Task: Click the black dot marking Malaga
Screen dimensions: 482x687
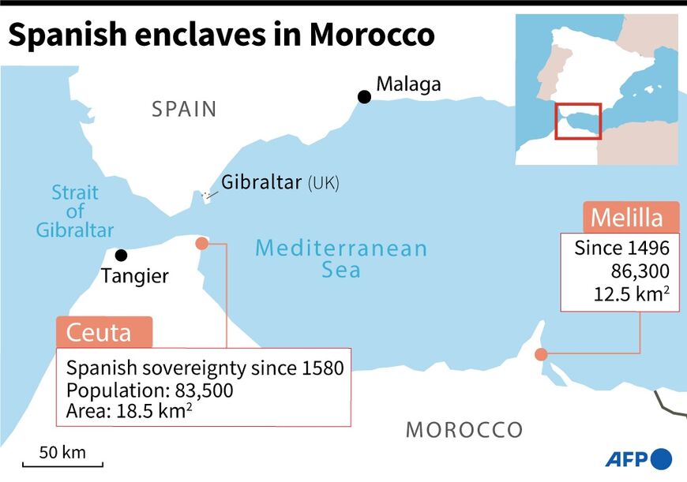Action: click(x=364, y=96)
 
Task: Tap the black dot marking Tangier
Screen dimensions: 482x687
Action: click(x=121, y=255)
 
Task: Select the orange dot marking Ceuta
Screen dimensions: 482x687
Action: click(x=201, y=244)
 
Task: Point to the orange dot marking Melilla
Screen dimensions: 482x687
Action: click(x=541, y=354)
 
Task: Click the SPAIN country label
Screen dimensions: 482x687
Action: click(x=184, y=109)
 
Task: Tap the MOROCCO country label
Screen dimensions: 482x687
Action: click(x=464, y=430)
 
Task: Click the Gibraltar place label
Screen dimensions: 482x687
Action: click(x=261, y=183)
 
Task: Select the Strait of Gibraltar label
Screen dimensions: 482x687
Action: click(x=75, y=211)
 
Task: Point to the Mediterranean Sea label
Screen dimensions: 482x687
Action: click(x=341, y=260)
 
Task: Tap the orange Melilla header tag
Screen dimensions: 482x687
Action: click(x=623, y=217)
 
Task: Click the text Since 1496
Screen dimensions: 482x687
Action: click(x=621, y=248)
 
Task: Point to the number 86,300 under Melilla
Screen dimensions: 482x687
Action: click(x=640, y=271)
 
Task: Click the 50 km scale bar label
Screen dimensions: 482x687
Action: click(x=62, y=453)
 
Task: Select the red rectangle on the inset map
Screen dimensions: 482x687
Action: click(x=578, y=121)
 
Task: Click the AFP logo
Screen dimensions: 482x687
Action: click(x=639, y=458)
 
